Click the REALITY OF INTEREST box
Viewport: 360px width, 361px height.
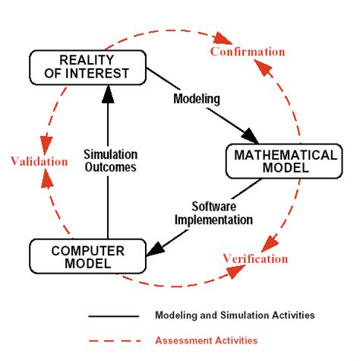87,67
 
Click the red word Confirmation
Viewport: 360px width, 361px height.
248,52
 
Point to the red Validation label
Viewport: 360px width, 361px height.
38,161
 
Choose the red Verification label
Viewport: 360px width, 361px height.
255,258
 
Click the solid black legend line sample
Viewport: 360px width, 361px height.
114,315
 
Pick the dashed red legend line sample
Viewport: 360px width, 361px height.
114,340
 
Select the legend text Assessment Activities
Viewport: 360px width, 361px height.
206,340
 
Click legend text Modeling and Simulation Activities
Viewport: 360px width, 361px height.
235,315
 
